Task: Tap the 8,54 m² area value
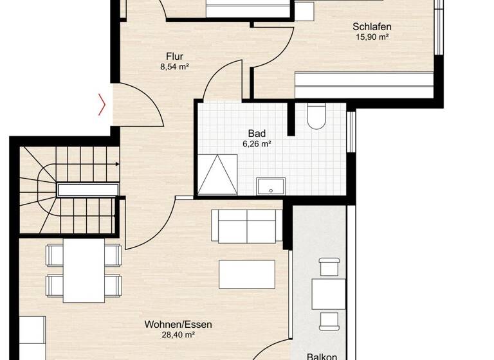(174, 66)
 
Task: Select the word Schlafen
(372, 27)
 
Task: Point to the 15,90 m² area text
(372, 37)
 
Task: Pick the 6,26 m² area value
(255, 145)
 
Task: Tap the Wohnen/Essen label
(178, 325)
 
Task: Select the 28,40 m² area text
(178, 335)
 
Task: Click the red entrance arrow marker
(102, 104)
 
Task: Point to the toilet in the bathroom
(316, 116)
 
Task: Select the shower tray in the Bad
(219, 174)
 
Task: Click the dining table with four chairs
(84, 270)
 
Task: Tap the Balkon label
(320, 355)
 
